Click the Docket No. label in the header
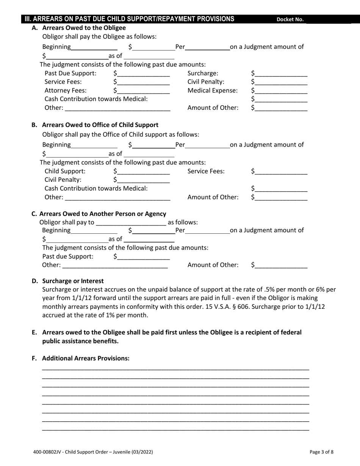coord(290,20)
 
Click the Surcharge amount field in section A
coord(281,73)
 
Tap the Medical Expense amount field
coord(281,91)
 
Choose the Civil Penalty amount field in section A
coord(281,82)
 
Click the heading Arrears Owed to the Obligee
coord(84,28)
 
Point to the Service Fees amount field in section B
coord(281,172)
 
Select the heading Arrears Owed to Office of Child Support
coord(100,125)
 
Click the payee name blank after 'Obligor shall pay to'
coord(131,223)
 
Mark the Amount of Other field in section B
coord(281,198)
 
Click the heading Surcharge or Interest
coord(73,281)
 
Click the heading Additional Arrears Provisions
coord(86,358)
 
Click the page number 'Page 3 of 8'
coord(321,452)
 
